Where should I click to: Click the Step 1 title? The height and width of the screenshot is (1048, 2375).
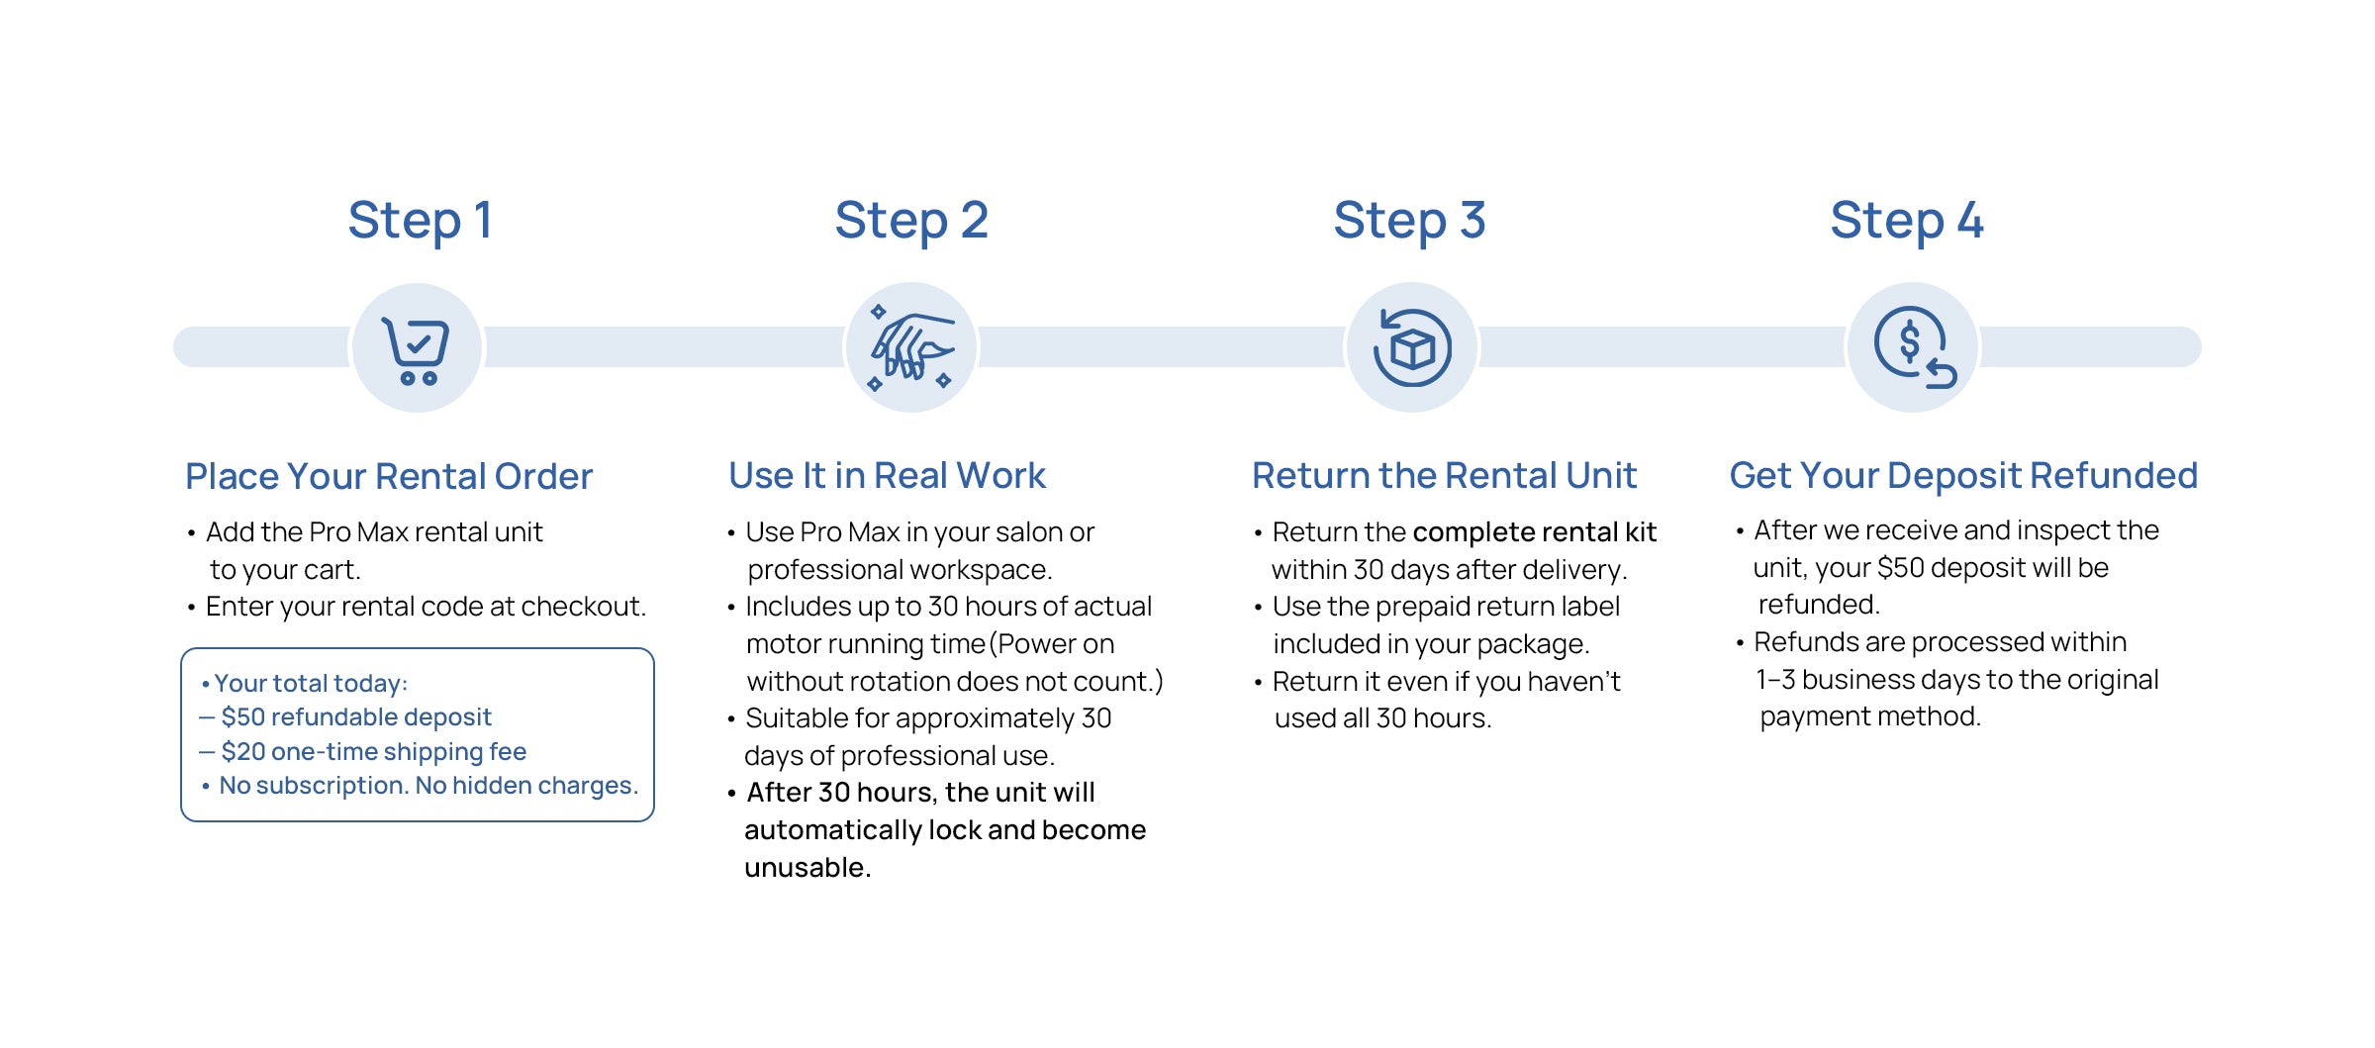(x=420, y=221)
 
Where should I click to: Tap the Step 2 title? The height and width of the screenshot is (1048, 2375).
(x=911, y=221)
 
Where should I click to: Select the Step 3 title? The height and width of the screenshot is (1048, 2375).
(x=1409, y=221)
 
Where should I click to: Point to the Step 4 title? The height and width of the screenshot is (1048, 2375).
(x=1907, y=221)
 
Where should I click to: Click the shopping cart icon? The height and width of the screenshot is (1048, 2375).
(x=417, y=349)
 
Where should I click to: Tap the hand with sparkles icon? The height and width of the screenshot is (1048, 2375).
(x=911, y=349)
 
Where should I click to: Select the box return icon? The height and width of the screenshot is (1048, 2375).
(x=1412, y=348)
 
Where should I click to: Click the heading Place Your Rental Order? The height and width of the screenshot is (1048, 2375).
(x=389, y=476)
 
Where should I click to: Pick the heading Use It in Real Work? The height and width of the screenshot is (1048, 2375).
(x=887, y=476)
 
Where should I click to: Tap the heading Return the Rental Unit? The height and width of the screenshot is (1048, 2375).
(x=1444, y=476)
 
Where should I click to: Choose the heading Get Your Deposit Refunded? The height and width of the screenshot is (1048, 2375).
(x=1963, y=476)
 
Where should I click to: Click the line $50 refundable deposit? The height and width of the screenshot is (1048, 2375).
(x=356, y=716)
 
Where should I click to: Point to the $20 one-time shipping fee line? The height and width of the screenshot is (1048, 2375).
(x=373, y=751)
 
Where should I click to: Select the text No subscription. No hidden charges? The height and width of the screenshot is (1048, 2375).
(x=428, y=785)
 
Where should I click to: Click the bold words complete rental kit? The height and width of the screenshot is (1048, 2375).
(x=1534, y=532)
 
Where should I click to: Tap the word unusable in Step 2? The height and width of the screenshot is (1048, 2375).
(x=807, y=868)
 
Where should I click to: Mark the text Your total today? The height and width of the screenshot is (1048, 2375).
(x=310, y=683)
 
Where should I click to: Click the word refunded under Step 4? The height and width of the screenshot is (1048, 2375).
(x=1818, y=605)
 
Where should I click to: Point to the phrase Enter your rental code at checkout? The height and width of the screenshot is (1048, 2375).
(x=426, y=607)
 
